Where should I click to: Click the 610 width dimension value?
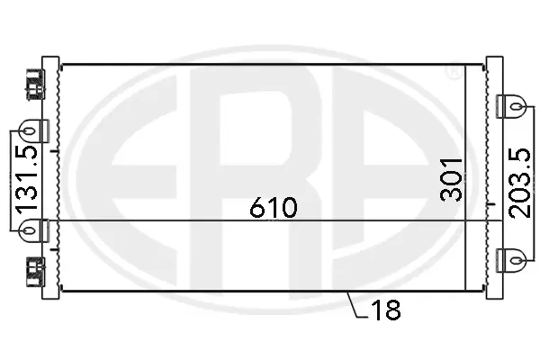coord(274,208)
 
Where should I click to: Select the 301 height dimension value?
coord(452,177)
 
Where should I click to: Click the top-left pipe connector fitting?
coord(34,83)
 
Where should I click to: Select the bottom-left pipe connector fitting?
coord(34,269)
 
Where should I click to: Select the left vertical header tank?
coord(52,180)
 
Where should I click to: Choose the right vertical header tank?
coord(492,180)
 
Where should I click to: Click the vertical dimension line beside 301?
coord(465,180)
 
